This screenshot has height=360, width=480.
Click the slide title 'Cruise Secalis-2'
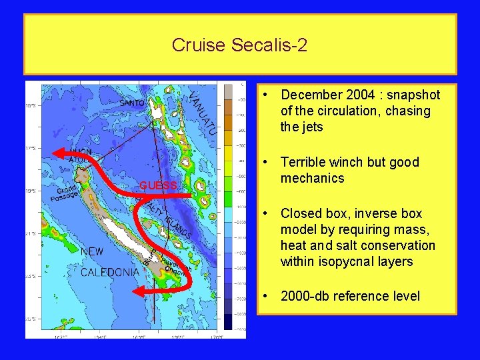[239, 45]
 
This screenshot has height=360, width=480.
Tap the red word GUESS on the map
[158, 185]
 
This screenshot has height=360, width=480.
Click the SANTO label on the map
[132, 103]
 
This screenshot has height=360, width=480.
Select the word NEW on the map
[92, 252]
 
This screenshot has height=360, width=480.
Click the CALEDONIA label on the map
[109, 272]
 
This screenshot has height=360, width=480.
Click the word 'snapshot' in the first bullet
[408, 95]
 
